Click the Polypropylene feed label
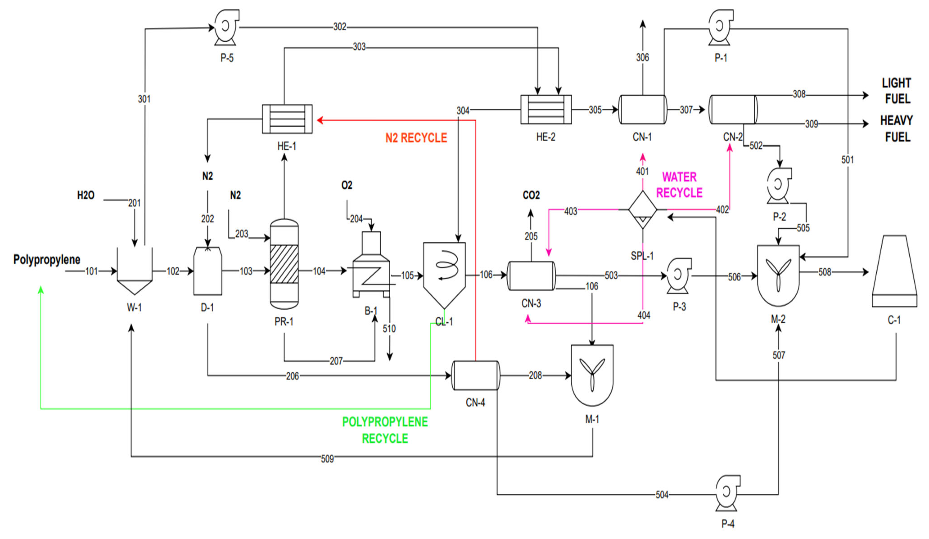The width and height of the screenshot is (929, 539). [x=47, y=260]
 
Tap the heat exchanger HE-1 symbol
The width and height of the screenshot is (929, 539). [x=287, y=119]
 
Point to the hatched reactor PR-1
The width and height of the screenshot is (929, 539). [x=284, y=264]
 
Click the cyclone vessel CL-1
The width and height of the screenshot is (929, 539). [x=444, y=271]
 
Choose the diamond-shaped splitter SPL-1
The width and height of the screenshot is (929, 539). [x=642, y=210]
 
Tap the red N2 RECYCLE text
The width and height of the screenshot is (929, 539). [x=416, y=138]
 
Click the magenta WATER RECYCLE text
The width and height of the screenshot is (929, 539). [x=680, y=185]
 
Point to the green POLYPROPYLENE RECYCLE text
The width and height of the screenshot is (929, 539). [x=385, y=430]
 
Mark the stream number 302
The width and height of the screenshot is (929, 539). [x=340, y=27]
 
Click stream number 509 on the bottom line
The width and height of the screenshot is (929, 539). [x=327, y=459]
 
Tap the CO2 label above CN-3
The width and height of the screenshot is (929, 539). [x=531, y=195]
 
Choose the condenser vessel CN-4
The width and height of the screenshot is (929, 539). [x=476, y=376]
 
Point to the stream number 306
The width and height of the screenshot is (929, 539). [x=642, y=57]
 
